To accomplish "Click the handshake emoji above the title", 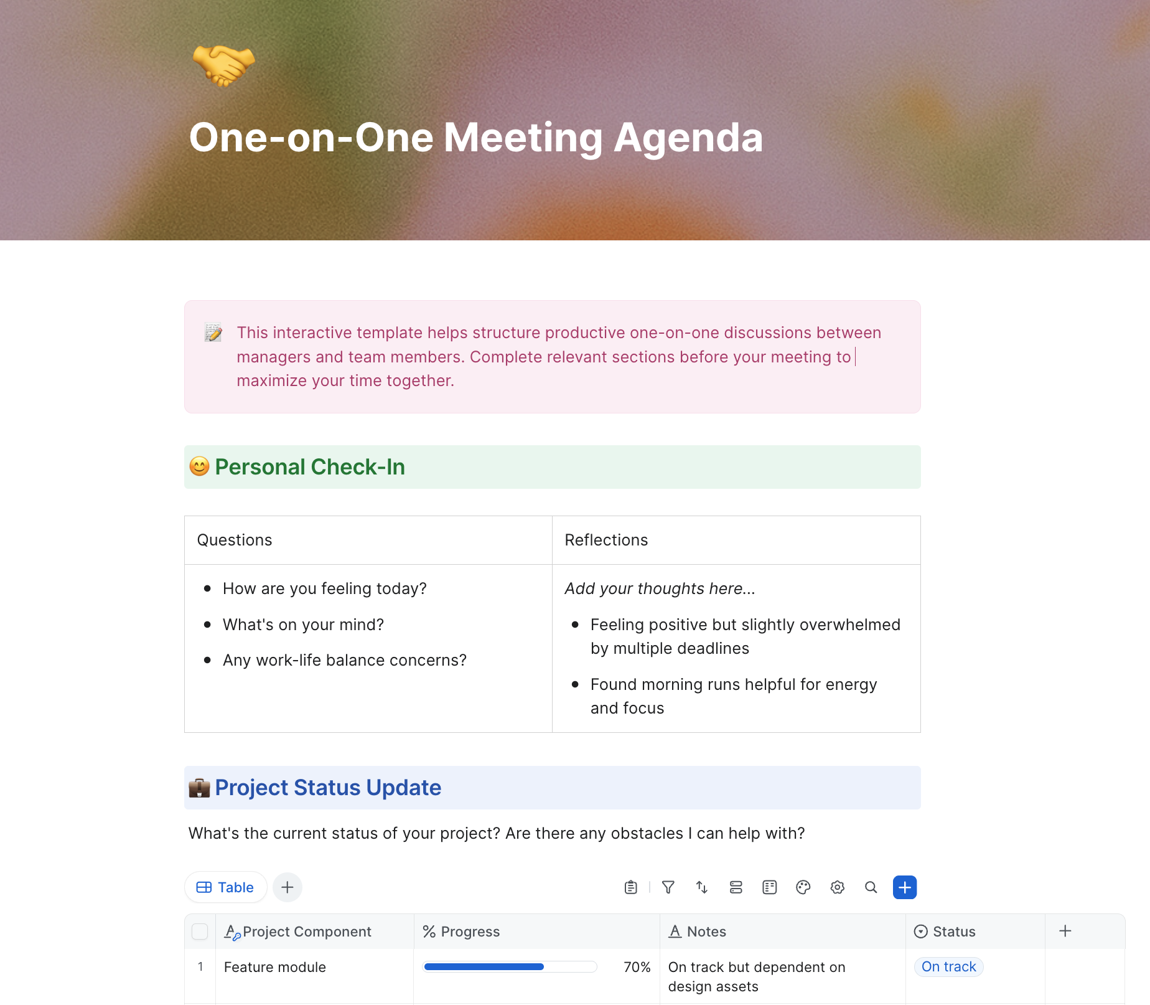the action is [x=223, y=65].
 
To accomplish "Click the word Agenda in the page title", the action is [x=688, y=138].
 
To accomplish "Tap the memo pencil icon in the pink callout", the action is [x=213, y=333].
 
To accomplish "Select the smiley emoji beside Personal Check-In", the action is [x=199, y=466].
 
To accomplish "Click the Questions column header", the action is [x=235, y=540].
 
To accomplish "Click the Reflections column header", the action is [x=606, y=540].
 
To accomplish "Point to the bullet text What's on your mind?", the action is [x=303, y=625].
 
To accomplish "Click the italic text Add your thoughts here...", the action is [x=660, y=588].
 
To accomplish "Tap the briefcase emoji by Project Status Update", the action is [x=199, y=788].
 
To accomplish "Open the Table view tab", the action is [x=225, y=887].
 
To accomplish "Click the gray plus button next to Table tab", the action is [x=287, y=887].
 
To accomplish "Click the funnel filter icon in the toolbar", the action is [x=668, y=887].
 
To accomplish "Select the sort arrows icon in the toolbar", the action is [x=702, y=887].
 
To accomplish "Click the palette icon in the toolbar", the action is [x=803, y=887].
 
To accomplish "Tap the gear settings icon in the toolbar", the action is [x=838, y=887].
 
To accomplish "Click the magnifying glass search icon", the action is [x=871, y=887].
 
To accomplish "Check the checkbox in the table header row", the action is [x=200, y=932].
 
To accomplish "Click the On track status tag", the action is [x=948, y=966].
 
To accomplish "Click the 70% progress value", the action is [x=637, y=967].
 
